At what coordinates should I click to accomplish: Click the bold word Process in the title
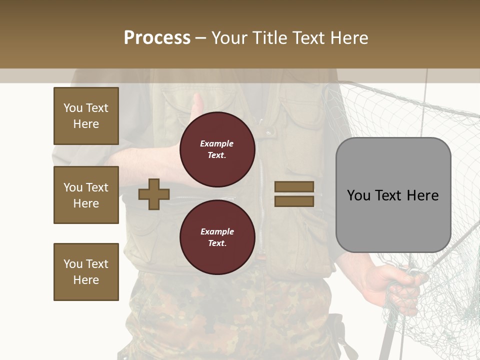(x=157, y=38)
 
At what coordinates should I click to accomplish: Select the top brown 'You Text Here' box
(x=86, y=116)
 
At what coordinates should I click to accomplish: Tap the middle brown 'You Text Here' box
(x=86, y=195)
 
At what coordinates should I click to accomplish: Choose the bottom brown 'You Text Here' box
(x=86, y=272)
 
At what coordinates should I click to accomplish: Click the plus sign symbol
(x=154, y=194)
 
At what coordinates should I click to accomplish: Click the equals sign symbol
(x=294, y=194)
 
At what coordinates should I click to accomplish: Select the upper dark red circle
(x=217, y=149)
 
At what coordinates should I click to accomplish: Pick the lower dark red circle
(x=217, y=237)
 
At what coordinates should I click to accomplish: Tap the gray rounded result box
(x=393, y=195)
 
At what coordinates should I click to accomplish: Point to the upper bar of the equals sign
(x=294, y=186)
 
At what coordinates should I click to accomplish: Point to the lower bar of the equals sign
(x=294, y=201)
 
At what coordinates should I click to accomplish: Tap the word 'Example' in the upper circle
(x=217, y=143)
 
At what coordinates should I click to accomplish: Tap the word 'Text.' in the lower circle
(x=217, y=243)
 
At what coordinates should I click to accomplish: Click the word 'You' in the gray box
(x=359, y=195)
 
